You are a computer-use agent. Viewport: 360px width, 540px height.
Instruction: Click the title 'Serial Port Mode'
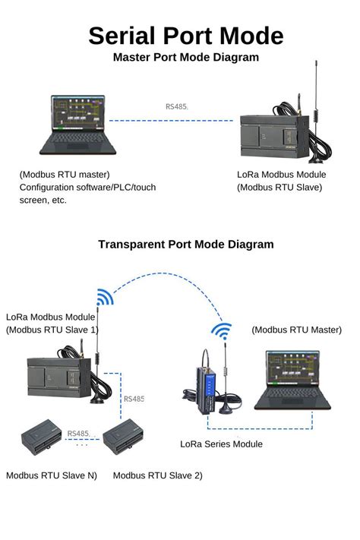185,36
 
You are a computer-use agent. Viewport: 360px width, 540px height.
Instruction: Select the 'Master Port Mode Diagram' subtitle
185,57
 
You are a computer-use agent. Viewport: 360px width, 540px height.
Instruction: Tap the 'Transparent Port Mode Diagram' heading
185,245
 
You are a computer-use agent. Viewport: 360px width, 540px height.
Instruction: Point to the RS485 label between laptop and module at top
176,106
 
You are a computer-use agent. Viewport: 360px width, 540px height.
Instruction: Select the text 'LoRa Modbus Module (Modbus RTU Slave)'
281,181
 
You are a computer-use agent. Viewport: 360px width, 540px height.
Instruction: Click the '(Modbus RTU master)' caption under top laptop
65,175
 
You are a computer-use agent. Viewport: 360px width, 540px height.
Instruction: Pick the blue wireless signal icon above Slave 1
104,296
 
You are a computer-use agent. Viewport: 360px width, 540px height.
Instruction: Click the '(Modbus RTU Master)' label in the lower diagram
296,330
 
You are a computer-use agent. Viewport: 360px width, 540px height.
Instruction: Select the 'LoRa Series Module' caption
221,444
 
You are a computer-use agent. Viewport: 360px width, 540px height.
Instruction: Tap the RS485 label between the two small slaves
78,434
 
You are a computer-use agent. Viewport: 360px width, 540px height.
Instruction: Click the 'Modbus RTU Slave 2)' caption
157,475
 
